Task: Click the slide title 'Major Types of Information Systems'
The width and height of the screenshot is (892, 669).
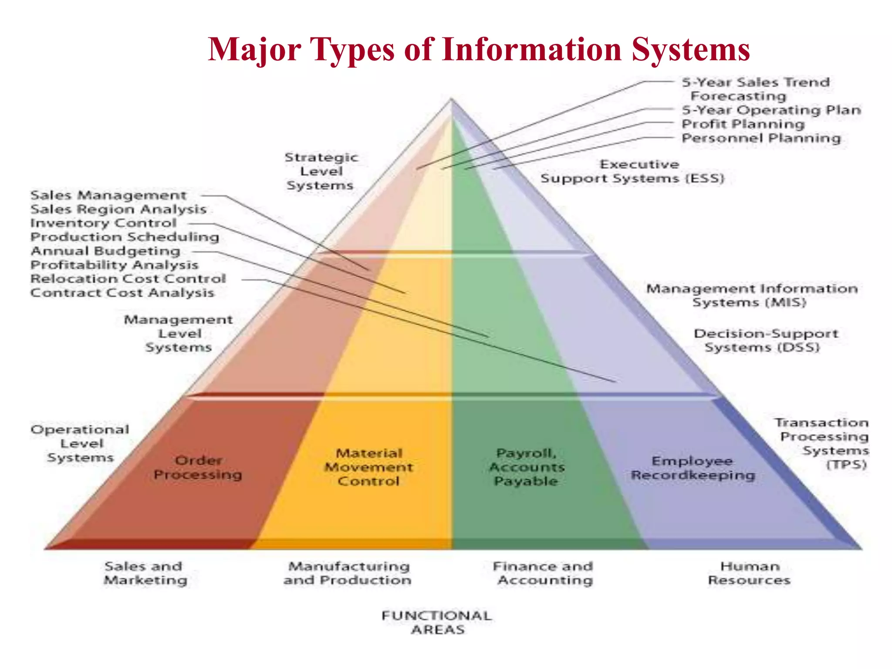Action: pos(479,49)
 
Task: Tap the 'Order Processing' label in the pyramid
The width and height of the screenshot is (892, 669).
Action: pos(198,467)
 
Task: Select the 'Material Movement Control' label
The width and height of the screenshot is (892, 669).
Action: pos(368,467)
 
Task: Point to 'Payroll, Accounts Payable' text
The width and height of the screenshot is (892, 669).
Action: pos(527,467)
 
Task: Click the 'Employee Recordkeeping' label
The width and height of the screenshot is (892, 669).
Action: pos(693,468)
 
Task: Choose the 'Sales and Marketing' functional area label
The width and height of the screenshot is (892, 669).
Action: pos(145,573)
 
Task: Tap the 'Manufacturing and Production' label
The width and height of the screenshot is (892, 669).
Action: pos(348,573)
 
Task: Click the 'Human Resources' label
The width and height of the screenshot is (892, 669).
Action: pos(749,573)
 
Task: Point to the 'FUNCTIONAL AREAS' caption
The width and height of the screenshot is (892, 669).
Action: pos(437,622)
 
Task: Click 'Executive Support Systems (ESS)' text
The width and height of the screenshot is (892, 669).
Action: pos(632,172)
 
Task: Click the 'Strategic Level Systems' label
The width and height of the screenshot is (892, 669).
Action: pos(321,171)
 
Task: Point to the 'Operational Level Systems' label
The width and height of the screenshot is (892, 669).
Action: pos(80,443)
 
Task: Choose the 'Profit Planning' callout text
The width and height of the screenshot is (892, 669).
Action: pos(743,124)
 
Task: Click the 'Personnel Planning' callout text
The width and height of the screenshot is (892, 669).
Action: pos(761,138)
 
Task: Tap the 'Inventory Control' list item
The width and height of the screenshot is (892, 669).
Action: pos(103,223)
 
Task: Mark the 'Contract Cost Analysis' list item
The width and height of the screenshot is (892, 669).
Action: pos(122,293)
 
